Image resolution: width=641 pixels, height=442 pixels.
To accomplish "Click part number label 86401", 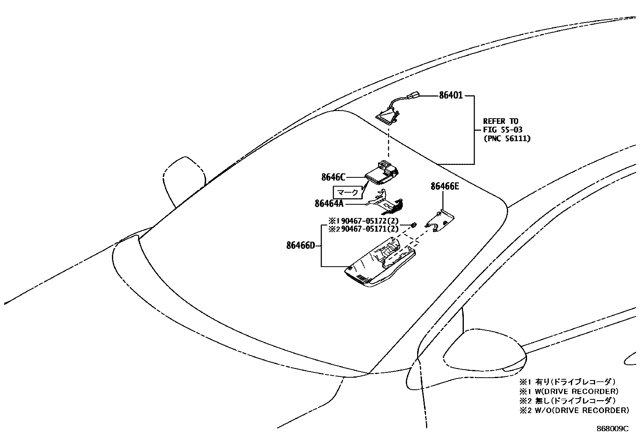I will pyautogui.click(x=451, y=96).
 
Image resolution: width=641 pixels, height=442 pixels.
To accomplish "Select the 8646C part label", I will pyautogui.click(x=333, y=177).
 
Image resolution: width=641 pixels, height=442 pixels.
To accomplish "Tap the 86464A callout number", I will pyautogui.click(x=329, y=204).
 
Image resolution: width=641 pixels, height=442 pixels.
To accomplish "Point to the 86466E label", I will pyautogui.click(x=445, y=186).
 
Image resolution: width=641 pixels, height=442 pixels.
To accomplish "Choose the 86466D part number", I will pyautogui.click(x=300, y=245).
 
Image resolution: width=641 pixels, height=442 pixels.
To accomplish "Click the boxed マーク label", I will pyautogui.click(x=347, y=193).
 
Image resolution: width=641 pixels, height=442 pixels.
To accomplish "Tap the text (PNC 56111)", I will pyautogui.click(x=507, y=138).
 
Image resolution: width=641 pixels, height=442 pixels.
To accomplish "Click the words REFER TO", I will pyautogui.click(x=500, y=121).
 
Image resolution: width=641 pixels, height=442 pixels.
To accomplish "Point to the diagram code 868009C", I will pyautogui.click(x=612, y=429).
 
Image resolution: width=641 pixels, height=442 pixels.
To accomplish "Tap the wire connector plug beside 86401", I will pyautogui.click(x=412, y=96).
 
